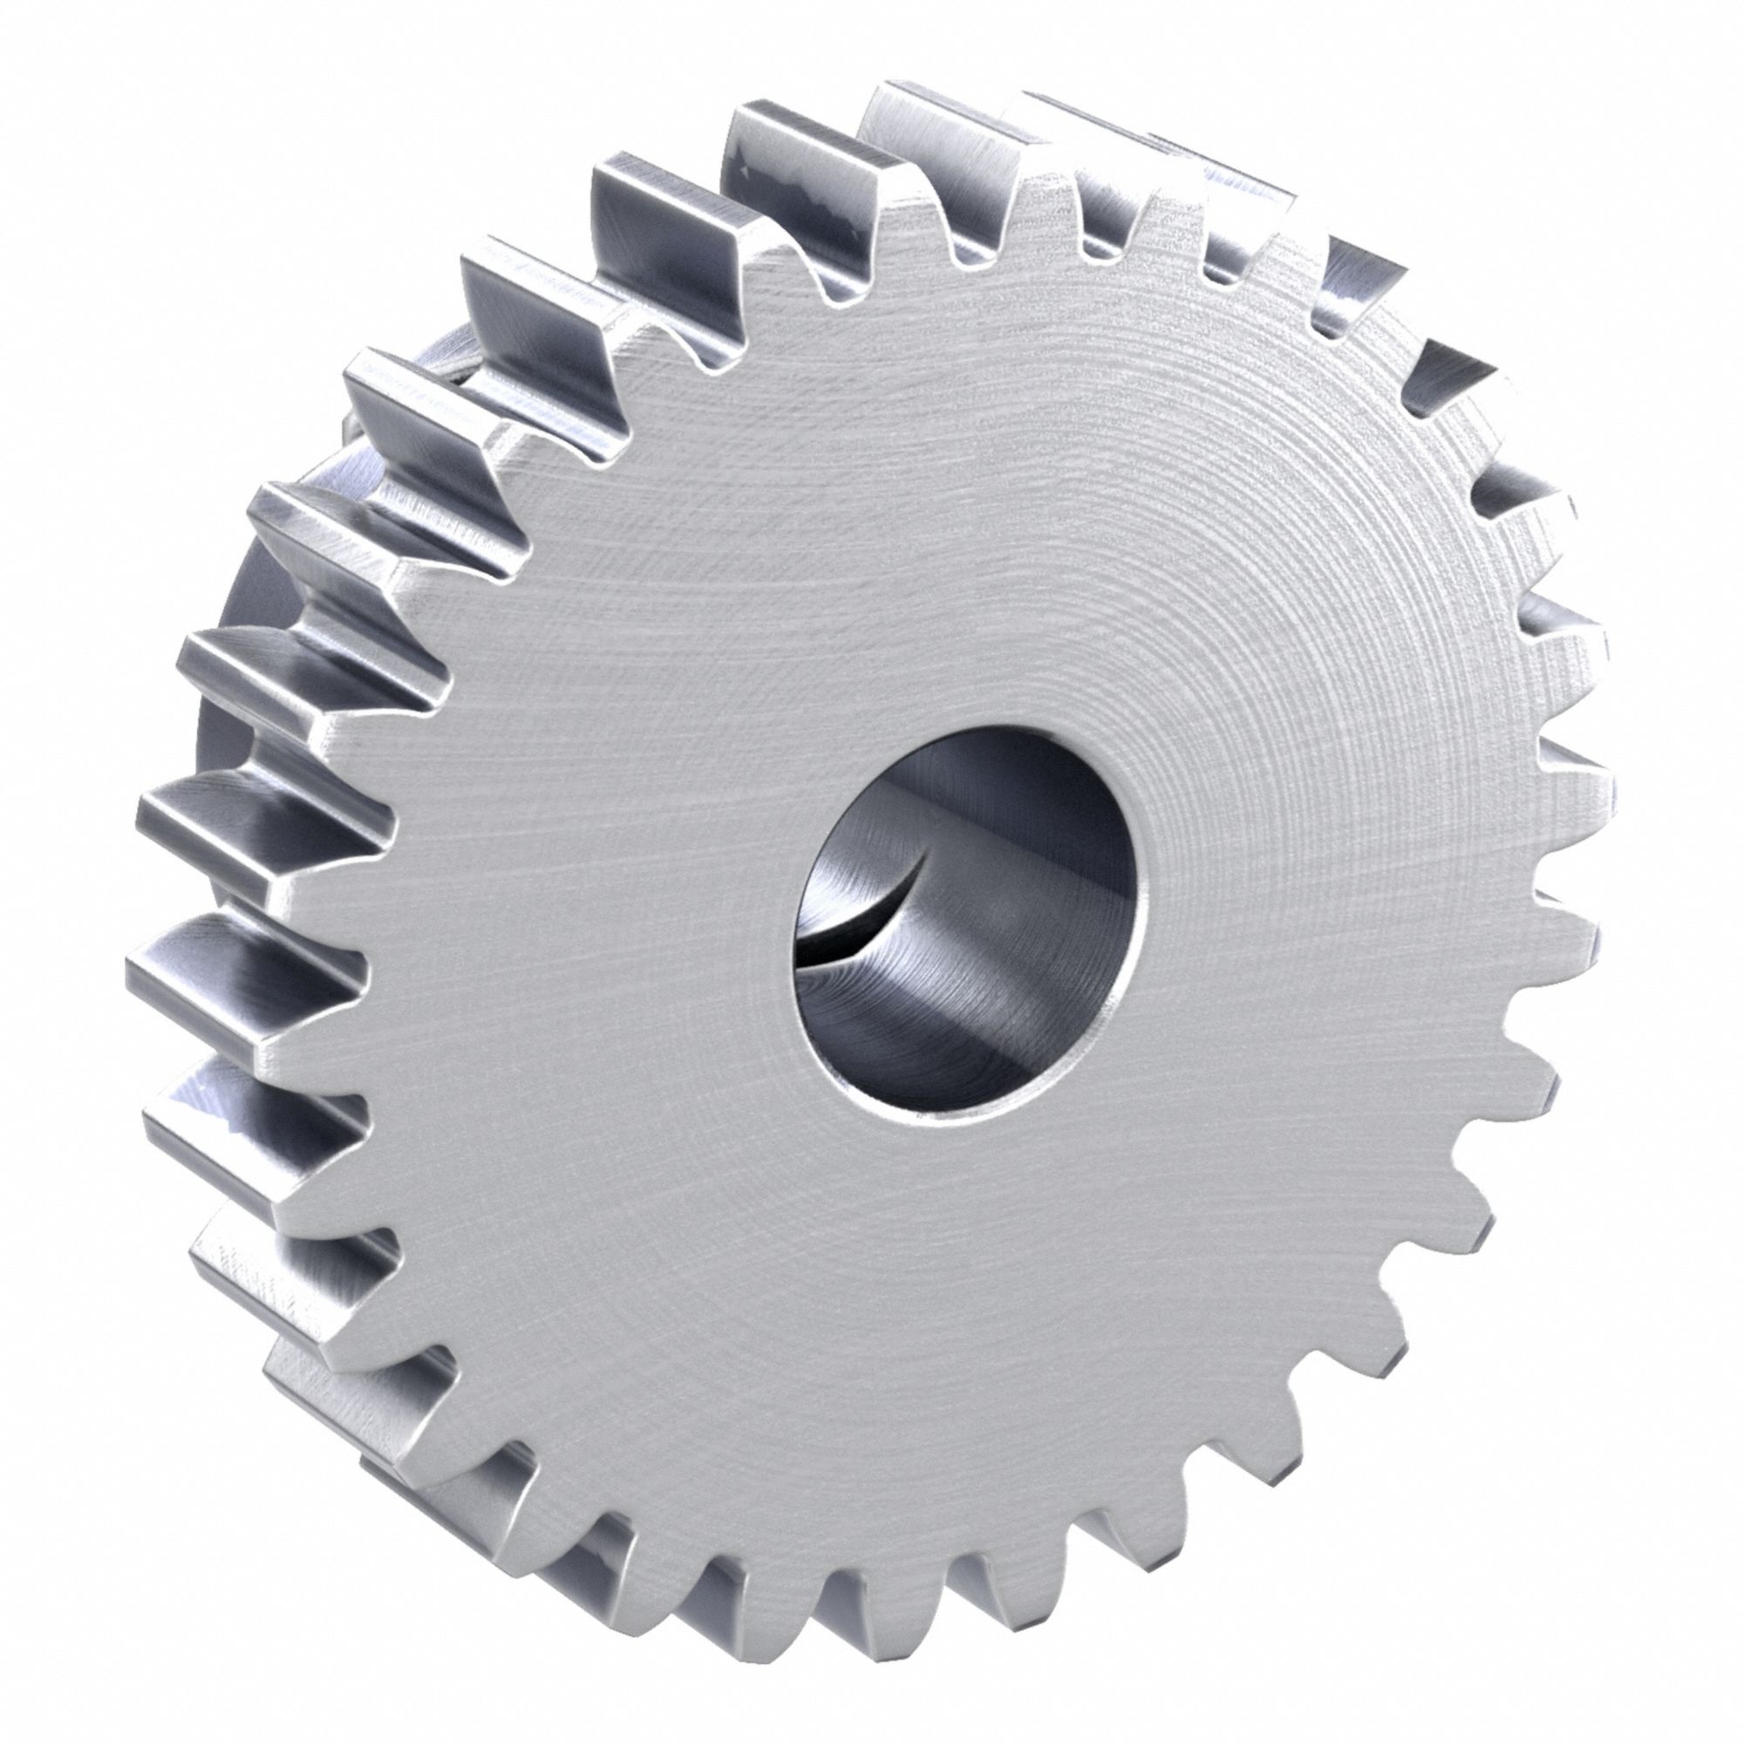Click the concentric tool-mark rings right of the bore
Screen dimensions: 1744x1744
click(x=1309, y=857)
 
